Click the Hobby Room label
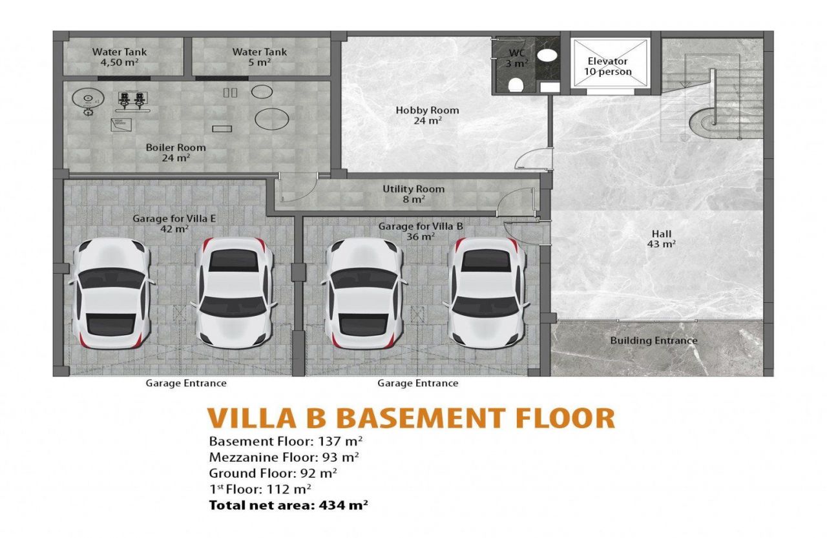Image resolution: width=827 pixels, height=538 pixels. click(427, 115)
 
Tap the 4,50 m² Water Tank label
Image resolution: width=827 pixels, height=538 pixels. click(120, 57)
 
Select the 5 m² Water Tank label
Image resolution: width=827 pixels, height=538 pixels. click(260, 57)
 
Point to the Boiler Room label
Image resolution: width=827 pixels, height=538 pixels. click(176, 152)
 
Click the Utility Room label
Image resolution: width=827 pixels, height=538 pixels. click(413, 194)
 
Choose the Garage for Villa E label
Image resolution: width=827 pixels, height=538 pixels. click(174, 223)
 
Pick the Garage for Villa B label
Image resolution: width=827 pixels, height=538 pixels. click(420, 231)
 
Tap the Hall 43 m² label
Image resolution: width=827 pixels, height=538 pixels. click(661, 239)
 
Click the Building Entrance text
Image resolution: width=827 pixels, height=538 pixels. click(653, 340)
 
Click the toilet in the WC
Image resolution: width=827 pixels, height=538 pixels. click(516, 84)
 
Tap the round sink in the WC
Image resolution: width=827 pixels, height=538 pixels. click(547, 54)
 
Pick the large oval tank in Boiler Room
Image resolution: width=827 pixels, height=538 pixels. click(272, 119)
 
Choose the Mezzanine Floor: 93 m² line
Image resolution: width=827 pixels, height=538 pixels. click(284, 457)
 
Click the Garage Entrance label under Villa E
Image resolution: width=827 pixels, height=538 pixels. click(186, 383)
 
